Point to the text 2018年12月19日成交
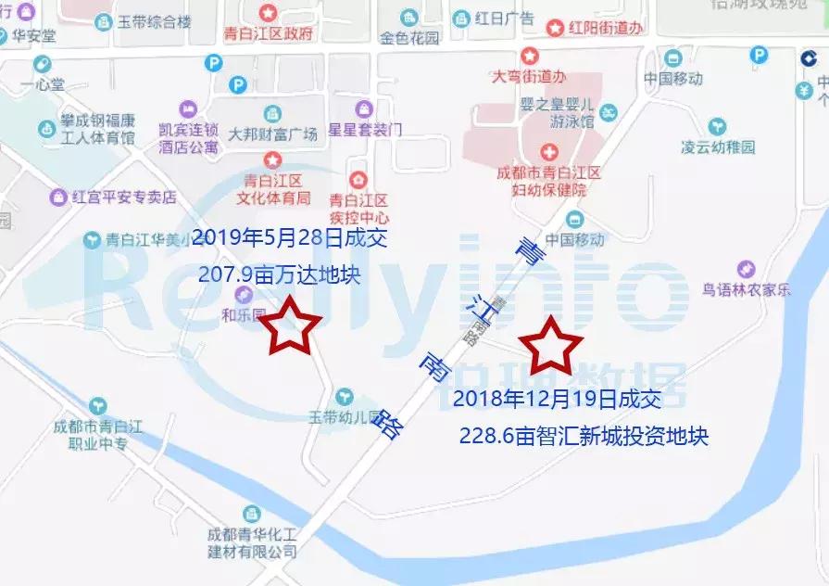[558, 401]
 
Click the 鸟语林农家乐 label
[747, 289]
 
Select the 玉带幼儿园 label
[345, 416]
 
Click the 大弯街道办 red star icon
[529, 56]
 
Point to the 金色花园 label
[409, 38]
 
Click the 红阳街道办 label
[607, 28]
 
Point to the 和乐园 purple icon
[243, 295]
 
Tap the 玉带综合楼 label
[154, 21]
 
